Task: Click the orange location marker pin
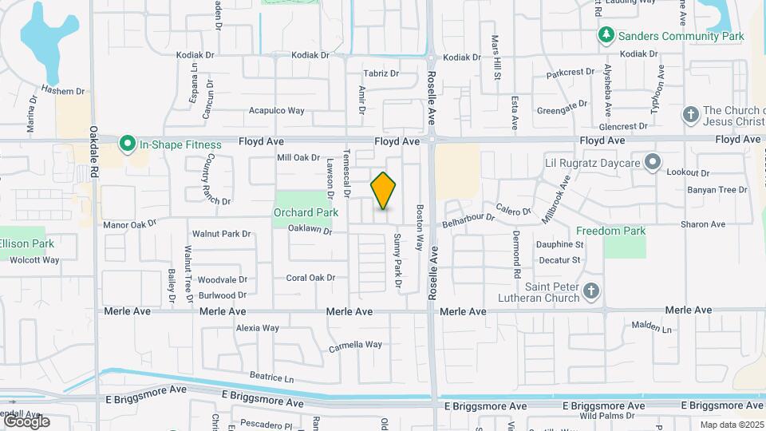[x=384, y=191]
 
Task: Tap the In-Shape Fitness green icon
[x=126, y=144]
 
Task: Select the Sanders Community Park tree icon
[x=606, y=36]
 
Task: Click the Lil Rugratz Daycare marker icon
[x=653, y=163]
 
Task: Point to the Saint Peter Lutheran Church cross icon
[x=590, y=291]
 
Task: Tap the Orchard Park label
[x=306, y=212]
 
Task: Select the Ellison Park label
[x=26, y=243]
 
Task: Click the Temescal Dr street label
[x=347, y=172]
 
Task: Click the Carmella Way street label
[x=355, y=346]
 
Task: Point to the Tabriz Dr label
[x=381, y=73]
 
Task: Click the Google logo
[x=26, y=421]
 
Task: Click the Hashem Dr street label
[x=63, y=90]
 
